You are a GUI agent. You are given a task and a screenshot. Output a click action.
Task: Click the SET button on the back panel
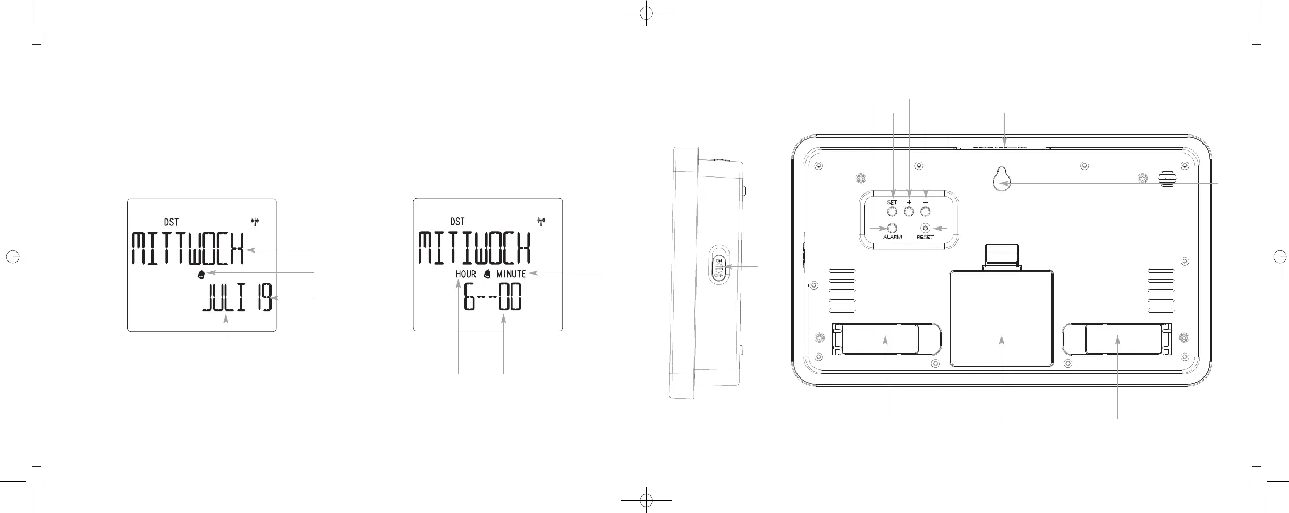pos(893,212)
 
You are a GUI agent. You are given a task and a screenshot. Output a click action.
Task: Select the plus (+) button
pos(909,212)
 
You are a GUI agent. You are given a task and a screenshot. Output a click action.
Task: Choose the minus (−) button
pos(926,212)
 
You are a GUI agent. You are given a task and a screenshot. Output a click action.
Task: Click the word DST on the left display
pos(171,222)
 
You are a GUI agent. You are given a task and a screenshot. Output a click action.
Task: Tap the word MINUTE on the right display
pos(511,274)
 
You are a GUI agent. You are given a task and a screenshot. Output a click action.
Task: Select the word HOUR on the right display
pos(466,274)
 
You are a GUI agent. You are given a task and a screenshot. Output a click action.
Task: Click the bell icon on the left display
pos(201,274)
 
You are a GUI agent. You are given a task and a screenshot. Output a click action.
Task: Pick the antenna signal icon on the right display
pos(541,221)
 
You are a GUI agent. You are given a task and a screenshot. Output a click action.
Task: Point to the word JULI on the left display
pos(224,298)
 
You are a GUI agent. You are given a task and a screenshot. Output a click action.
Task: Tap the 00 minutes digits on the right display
pos(509,297)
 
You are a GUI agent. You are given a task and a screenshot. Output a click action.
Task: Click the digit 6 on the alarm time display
pos(469,297)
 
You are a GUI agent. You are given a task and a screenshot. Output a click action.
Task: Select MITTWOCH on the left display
pos(188,249)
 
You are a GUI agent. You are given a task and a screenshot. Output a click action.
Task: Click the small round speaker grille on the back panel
pos(1167,179)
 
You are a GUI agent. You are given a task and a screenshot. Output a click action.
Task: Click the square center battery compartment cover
pos(1002,318)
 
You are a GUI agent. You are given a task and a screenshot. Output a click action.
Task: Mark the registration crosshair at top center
pos(646,13)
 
